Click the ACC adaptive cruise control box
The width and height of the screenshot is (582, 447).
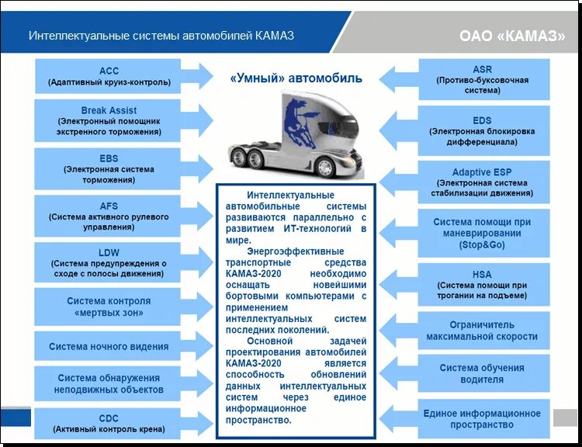pyautogui.click(x=109, y=76)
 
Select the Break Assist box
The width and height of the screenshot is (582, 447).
pyautogui.click(x=109, y=121)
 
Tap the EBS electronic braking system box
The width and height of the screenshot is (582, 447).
pyautogui.click(x=109, y=168)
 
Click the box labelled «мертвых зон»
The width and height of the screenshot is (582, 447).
pyautogui.click(x=109, y=307)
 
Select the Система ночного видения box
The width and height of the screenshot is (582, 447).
pyautogui.click(x=109, y=347)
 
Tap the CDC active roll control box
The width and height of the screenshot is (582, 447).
pyautogui.click(x=109, y=423)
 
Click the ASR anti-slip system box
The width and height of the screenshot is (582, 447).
pyautogui.click(x=482, y=80)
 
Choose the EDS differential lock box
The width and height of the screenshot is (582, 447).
pyautogui.click(x=482, y=131)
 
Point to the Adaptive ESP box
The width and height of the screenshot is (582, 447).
pyautogui.click(x=482, y=182)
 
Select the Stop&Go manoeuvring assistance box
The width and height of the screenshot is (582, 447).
pyautogui.click(x=482, y=233)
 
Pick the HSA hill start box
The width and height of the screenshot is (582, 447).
pyautogui.click(x=482, y=285)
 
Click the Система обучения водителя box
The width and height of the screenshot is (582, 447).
pyautogui.click(x=482, y=373)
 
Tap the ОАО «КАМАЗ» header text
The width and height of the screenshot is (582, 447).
pyautogui.click(x=511, y=36)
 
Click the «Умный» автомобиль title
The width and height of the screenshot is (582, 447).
pyautogui.click(x=296, y=79)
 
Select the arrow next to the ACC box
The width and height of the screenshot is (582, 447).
pyautogui.click(x=199, y=76)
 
